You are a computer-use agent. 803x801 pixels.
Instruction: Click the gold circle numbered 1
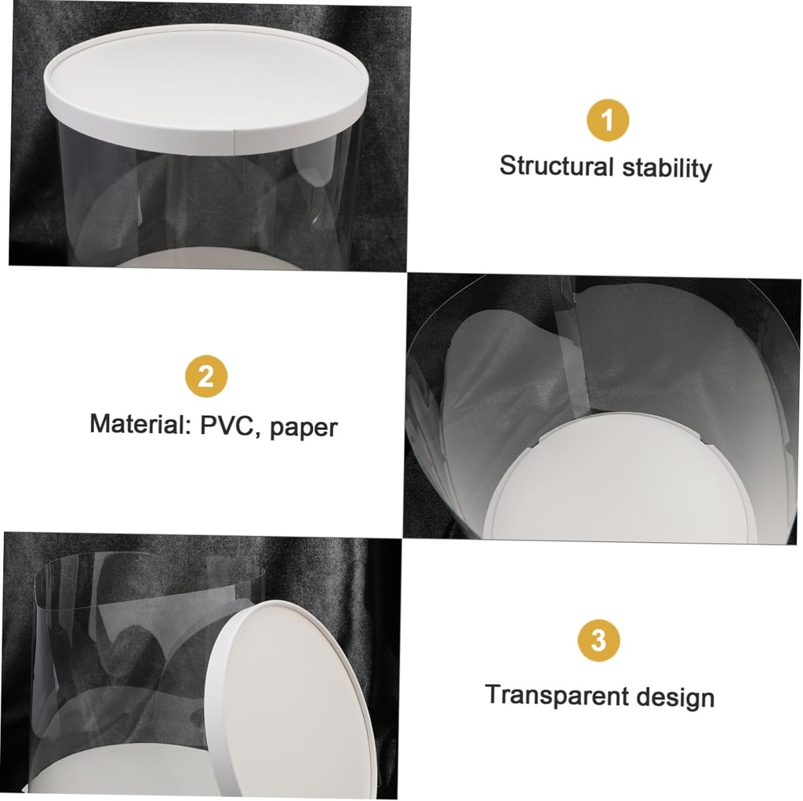click(608, 121)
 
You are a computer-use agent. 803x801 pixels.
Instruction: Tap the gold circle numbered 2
click(206, 377)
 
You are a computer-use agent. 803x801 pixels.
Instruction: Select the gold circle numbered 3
click(598, 640)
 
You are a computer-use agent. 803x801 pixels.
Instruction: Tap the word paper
click(304, 428)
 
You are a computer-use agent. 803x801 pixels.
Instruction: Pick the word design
click(675, 697)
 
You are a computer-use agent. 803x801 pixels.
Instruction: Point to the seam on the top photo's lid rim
click(235, 141)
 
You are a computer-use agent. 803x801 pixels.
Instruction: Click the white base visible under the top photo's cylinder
click(212, 261)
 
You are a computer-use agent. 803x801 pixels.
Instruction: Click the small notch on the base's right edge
click(715, 450)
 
